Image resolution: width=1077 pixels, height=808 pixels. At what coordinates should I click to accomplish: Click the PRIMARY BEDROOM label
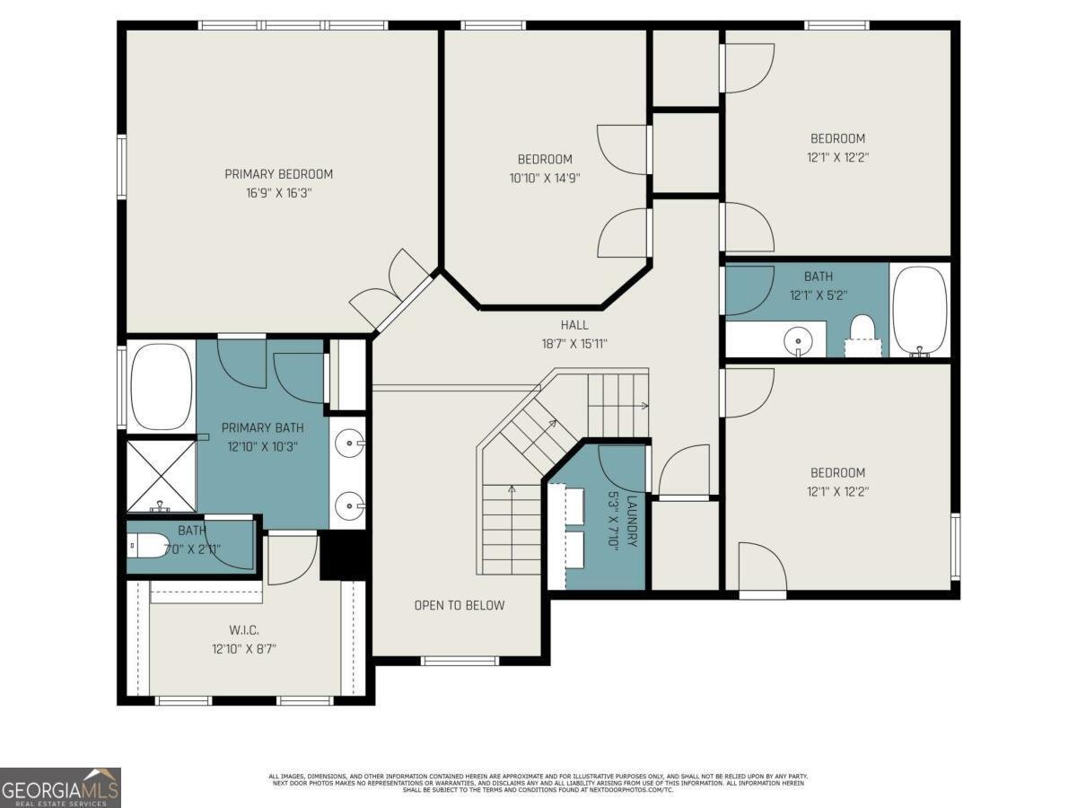[x=278, y=174]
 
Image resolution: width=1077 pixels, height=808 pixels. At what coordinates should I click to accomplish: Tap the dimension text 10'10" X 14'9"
[x=545, y=178]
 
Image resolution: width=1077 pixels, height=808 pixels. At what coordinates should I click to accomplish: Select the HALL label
[x=574, y=325]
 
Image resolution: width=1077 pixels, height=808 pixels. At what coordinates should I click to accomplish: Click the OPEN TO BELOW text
[x=459, y=605]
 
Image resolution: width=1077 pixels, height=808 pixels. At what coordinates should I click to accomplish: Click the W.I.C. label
[x=242, y=631]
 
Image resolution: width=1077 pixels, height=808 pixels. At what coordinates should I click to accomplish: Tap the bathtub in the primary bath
[x=162, y=387]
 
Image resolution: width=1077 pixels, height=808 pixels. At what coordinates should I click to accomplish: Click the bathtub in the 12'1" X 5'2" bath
[x=919, y=311]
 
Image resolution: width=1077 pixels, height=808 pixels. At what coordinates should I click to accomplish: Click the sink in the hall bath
[x=797, y=340]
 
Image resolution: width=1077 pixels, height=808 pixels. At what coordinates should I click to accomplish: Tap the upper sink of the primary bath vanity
[x=348, y=442]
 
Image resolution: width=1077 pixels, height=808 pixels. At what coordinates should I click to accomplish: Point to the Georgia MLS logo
[x=60, y=787]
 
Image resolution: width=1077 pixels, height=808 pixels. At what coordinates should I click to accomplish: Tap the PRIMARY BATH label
[x=262, y=427]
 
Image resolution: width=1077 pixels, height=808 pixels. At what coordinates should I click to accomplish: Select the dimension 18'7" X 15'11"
[x=574, y=343]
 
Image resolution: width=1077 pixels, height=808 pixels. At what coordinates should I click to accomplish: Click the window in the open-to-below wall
[x=460, y=662]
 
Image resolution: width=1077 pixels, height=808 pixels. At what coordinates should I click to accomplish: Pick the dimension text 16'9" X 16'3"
[x=278, y=193]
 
